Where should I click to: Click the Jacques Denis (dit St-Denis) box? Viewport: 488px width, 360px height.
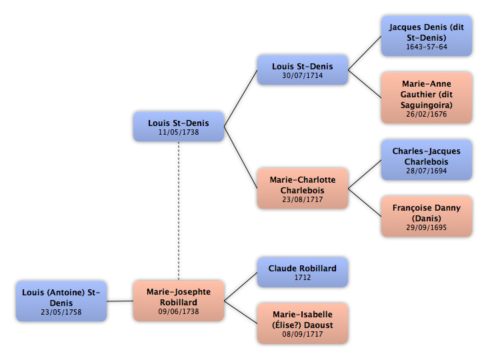(427, 36)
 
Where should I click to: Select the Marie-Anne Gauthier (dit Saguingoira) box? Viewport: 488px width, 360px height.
(427, 98)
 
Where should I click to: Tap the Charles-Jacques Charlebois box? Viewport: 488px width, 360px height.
(427, 160)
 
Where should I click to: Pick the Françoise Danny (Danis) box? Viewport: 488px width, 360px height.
(427, 217)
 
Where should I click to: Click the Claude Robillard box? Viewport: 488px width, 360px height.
(303, 272)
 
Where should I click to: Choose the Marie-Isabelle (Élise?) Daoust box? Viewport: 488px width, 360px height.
(303, 323)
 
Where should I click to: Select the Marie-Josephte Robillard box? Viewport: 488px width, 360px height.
(179, 301)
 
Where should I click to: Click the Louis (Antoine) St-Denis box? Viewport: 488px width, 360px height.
(61, 301)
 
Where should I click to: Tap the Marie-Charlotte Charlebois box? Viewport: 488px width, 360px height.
(303, 189)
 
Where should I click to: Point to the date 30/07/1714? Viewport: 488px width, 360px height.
(303, 75)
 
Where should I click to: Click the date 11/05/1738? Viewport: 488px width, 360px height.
(179, 132)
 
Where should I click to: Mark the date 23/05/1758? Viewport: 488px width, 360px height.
(61, 312)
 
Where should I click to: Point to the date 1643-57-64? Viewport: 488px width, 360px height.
(427, 47)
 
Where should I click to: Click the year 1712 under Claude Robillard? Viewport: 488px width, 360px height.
(303, 277)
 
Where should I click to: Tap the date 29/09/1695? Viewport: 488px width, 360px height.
(427, 227)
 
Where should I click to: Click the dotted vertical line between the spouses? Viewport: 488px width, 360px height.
(179, 211)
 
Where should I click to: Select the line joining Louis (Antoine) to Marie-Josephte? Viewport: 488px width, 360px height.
(120, 301)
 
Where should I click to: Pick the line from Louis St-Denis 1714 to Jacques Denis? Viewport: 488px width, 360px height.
(365, 53)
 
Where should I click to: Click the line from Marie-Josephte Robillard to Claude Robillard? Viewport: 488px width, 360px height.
(241, 287)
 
